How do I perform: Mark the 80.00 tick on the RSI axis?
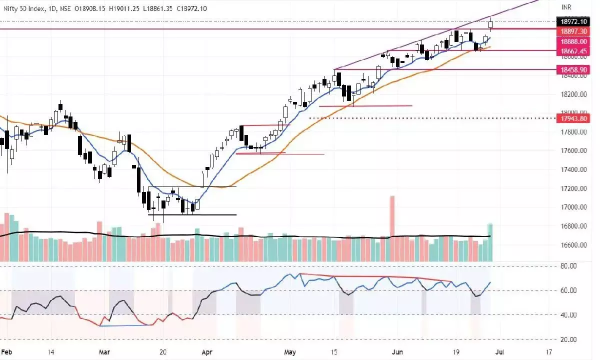(x=569, y=266)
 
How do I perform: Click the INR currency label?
(x=566, y=7)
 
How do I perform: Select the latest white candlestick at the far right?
(x=491, y=24)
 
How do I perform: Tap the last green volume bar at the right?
(x=490, y=242)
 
